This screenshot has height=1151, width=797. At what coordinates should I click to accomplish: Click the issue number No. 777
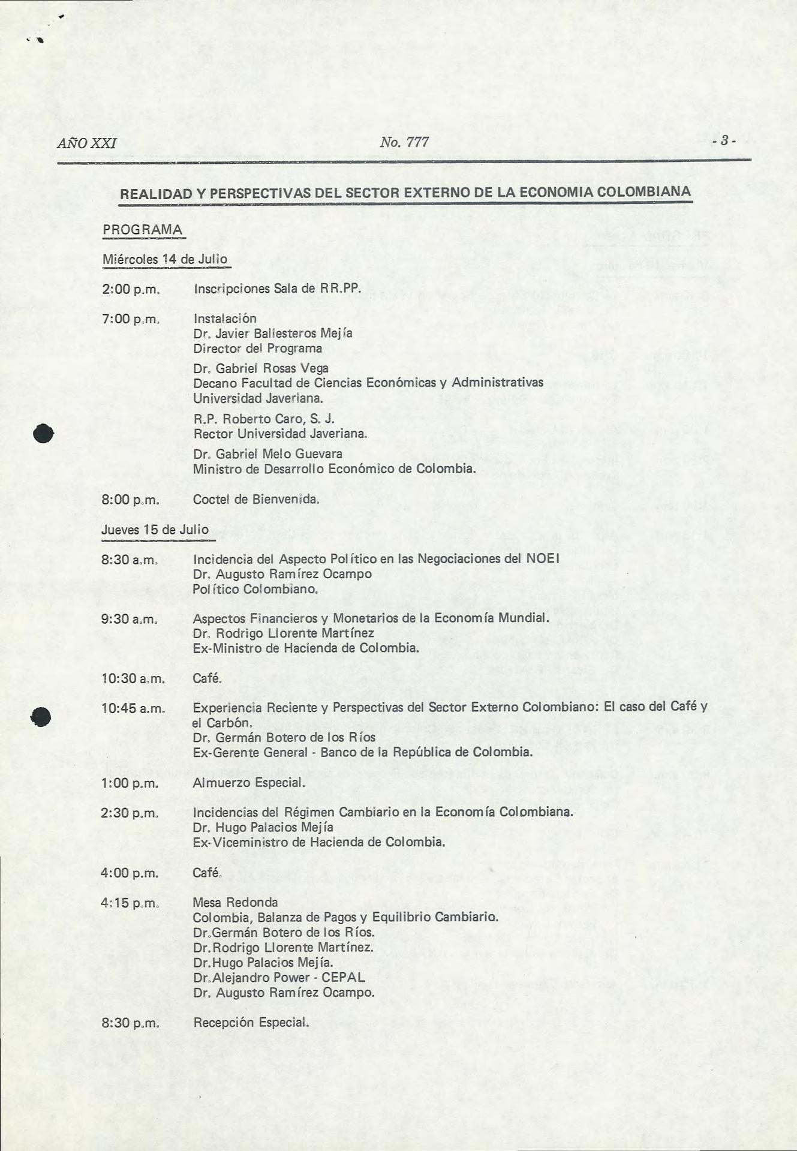[x=404, y=142]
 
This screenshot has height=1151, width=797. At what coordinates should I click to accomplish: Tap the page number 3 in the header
[x=724, y=141]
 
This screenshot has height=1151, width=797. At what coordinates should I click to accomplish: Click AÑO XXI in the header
[x=87, y=143]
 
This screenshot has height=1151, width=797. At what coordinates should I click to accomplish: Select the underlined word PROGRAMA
[x=143, y=230]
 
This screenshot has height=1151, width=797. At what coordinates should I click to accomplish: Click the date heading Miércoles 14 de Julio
[x=165, y=259]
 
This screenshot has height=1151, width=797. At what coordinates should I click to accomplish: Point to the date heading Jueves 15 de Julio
[x=155, y=530]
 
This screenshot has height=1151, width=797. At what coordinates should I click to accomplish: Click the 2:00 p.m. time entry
[x=130, y=289]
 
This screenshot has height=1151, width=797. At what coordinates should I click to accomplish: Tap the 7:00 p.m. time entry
[x=130, y=318]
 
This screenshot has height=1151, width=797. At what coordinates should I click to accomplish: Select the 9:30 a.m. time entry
[x=130, y=618]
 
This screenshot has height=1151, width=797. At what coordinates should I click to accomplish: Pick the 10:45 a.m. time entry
[x=133, y=708]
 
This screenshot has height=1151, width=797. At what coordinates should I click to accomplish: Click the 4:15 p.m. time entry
[x=130, y=903]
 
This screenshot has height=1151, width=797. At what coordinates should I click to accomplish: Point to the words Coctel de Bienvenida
[x=256, y=499]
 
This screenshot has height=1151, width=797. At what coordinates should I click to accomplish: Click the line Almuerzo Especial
[x=249, y=783]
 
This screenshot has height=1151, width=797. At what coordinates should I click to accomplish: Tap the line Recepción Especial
[x=251, y=1022]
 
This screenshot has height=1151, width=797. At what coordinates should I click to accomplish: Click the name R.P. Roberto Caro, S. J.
[x=264, y=419]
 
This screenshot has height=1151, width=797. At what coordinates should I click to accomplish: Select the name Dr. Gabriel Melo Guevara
[x=267, y=453]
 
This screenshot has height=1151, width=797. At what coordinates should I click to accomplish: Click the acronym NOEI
[x=542, y=558]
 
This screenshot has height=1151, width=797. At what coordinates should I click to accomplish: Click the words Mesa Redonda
[x=235, y=902]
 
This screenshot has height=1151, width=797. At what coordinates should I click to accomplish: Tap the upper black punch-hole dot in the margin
[x=44, y=433]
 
